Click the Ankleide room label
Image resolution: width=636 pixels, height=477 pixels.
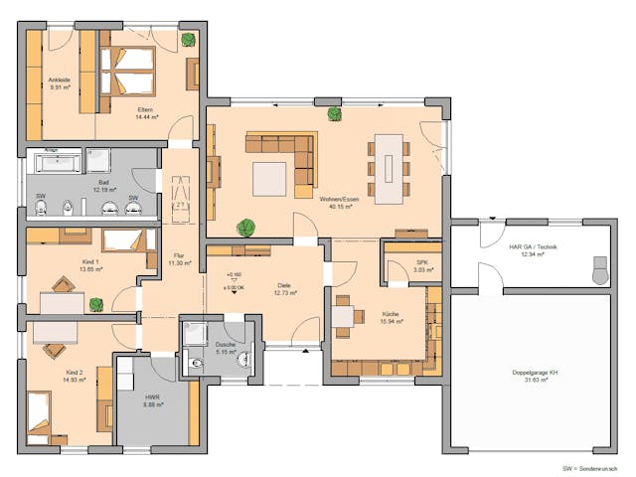pos(59,79)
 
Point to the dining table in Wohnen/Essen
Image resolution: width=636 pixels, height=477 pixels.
pos(388,163)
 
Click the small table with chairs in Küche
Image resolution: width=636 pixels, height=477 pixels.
pos(342,316)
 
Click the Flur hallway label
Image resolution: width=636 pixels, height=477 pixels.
pos(179,255)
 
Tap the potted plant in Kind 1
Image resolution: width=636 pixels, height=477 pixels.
pos(95,303)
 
